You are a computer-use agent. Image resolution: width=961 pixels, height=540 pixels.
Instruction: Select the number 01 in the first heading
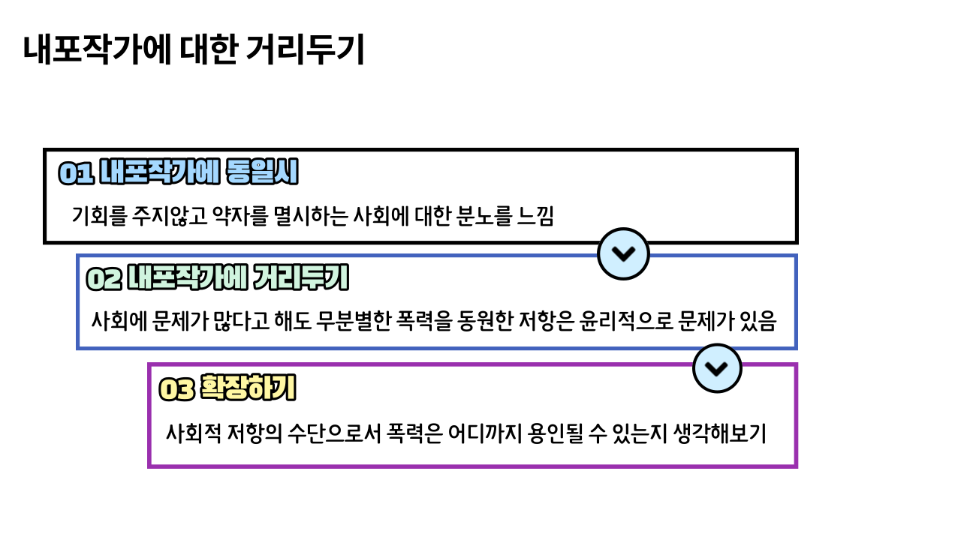pyautogui.click(x=75, y=174)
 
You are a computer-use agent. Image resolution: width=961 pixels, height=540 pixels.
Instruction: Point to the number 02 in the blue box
pyautogui.click(x=104, y=279)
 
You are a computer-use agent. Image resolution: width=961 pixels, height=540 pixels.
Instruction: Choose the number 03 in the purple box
pyautogui.click(x=177, y=389)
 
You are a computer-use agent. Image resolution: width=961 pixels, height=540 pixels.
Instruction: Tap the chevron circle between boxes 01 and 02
pyautogui.click(x=623, y=253)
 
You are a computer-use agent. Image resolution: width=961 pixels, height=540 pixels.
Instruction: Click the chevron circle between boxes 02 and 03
pyautogui.click(x=717, y=368)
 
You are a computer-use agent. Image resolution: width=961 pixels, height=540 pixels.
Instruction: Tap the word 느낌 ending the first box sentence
pyautogui.click(x=536, y=217)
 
